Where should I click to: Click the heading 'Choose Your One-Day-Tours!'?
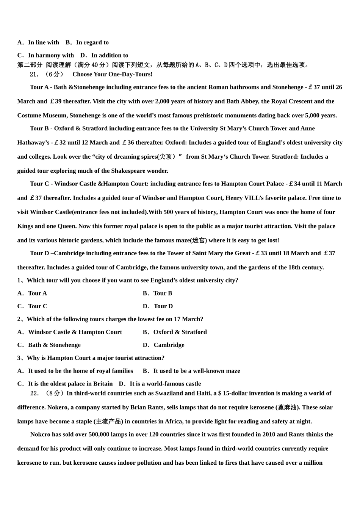(x=112, y=74)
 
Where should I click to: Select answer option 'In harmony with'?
(x=51, y=55)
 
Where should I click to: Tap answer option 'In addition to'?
(x=110, y=55)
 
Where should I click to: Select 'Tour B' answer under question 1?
(x=163, y=293)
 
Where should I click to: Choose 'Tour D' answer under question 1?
(x=163, y=306)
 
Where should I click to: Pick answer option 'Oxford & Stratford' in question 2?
(x=180, y=332)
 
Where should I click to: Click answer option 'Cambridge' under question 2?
(x=169, y=345)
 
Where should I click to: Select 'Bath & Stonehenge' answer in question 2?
(x=54, y=345)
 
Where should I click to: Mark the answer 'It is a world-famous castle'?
(x=165, y=384)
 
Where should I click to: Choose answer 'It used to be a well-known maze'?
(x=196, y=371)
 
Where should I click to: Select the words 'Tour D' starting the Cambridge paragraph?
(x=39, y=253)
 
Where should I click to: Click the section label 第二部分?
(x=30, y=65)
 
